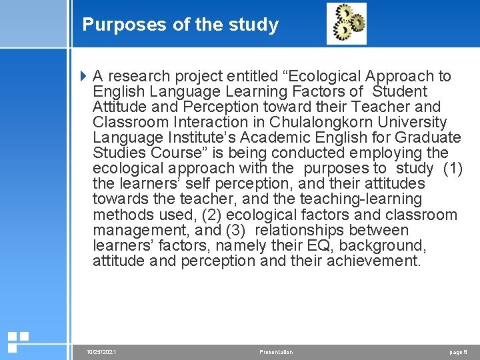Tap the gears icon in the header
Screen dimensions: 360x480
tap(347, 23)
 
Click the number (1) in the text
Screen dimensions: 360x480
tap(453, 168)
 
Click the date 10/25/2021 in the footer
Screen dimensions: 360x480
tap(101, 352)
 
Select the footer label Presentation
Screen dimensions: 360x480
tap(276, 352)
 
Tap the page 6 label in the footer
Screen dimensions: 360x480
tap(459, 352)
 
